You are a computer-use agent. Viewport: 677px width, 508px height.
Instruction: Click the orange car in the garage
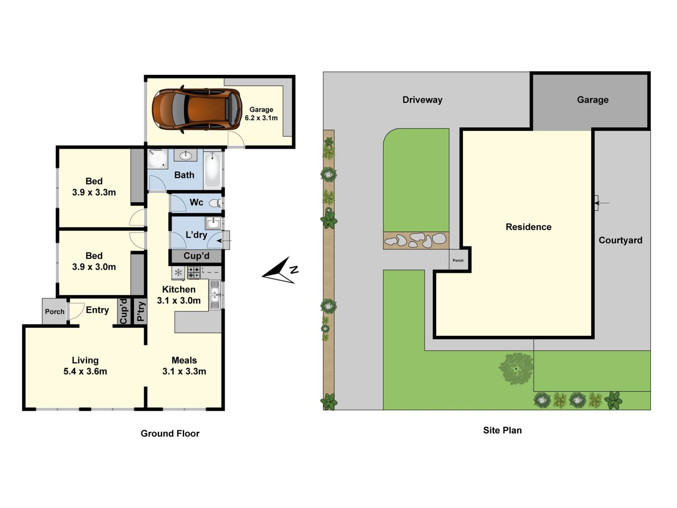[x=197, y=109]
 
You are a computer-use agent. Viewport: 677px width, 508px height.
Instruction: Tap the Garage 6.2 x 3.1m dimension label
[x=261, y=114]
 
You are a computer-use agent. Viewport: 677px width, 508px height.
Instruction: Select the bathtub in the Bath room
[x=212, y=169]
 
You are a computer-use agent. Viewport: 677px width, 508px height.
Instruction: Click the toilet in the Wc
[x=215, y=203]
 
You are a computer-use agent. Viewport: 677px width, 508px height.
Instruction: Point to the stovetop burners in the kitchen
[x=194, y=272]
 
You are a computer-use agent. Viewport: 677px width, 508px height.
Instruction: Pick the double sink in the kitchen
[x=215, y=295]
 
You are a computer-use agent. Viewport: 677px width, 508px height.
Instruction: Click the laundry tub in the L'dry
[x=213, y=223]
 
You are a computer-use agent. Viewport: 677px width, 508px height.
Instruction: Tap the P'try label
[x=140, y=312]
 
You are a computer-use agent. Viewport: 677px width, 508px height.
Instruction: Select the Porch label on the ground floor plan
[x=55, y=312]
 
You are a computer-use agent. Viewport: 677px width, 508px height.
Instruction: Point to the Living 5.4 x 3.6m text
[x=85, y=365]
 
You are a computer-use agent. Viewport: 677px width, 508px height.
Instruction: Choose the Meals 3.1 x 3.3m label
[x=184, y=365]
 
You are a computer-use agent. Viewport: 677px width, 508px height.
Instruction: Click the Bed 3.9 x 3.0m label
[x=94, y=261]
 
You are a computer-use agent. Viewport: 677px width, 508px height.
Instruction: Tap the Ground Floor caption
[x=170, y=434]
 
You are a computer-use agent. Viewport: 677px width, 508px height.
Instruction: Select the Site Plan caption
[x=502, y=430]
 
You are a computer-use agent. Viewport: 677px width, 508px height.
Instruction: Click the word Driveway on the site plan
[x=422, y=100]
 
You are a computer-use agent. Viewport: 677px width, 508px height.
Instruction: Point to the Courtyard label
[x=621, y=240]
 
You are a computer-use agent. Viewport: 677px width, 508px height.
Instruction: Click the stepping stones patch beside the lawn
[x=416, y=241]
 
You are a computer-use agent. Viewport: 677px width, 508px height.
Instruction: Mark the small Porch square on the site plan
[x=458, y=260]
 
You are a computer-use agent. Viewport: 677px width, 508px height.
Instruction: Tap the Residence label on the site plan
[x=529, y=227]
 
